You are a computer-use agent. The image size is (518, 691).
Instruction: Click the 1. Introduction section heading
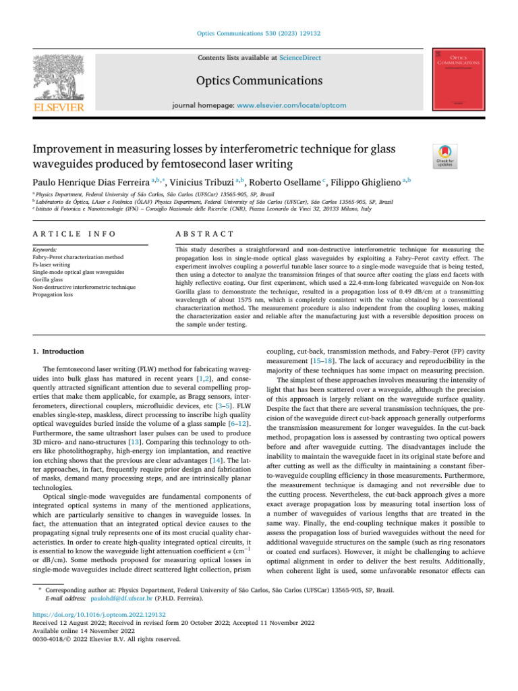point(59,352)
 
